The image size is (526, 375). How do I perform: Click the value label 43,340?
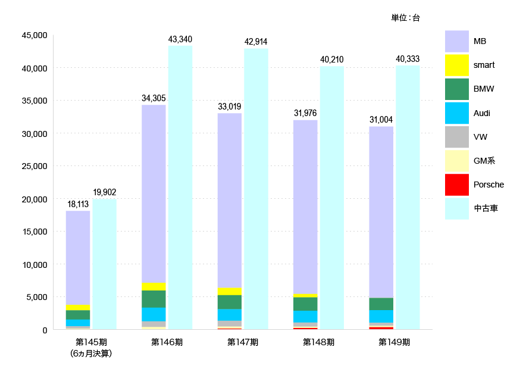pyautogui.click(x=180, y=39)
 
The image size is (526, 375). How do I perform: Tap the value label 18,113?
pyautogui.click(x=78, y=204)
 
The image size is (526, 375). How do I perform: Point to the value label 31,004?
pyautogui.click(x=381, y=120)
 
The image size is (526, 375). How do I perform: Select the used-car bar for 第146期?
pyautogui.click(x=180, y=187)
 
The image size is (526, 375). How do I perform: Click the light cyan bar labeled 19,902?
pyautogui.click(x=104, y=264)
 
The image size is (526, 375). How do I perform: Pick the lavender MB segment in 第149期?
pyautogui.click(x=381, y=212)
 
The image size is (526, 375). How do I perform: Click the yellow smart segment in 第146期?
pyautogui.click(x=154, y=286)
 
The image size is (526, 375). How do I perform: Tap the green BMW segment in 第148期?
pyautogui.click(x=305, y=304)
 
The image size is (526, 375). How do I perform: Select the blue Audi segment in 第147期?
pyautogui.click(x=229, y=314)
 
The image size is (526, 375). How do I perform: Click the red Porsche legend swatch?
pyautogui.click(x=457, y=185)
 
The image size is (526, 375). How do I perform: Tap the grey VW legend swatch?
pyautogui.click(x=457, y=137)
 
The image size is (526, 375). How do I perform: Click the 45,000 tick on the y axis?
pyautogui.click(x=34, y=36)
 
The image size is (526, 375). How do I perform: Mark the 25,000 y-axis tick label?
pyautogui.click(x=34, y=166)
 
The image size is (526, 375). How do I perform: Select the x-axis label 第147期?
pyautogui.click(x=243, y=342)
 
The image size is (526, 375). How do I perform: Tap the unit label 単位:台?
pyautogui.click(x=405, y=18)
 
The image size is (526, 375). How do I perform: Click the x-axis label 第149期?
pyautogui.click(x=394, y=342)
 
